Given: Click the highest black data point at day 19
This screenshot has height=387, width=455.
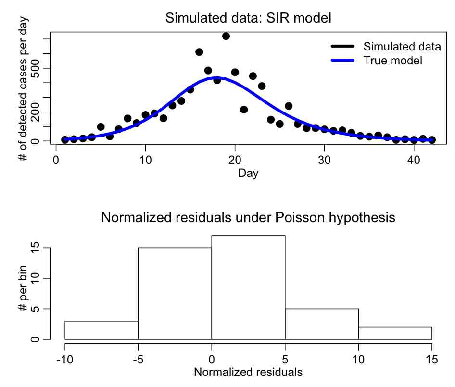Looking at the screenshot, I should tap(226, 36).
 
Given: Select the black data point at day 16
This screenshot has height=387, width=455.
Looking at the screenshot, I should tap(199, 52).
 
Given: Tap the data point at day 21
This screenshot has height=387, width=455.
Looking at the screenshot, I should tap(244, 110).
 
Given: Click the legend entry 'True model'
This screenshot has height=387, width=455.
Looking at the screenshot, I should tap(392, 61).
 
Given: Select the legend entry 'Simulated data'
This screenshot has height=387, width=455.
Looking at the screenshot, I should tap(402, 47).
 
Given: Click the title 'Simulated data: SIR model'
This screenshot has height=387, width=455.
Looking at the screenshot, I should tap(249, 18).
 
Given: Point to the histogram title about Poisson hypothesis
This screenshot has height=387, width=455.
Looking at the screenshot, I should tap(248, 218).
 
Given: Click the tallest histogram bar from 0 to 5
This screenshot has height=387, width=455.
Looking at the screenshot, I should tap(248, 287).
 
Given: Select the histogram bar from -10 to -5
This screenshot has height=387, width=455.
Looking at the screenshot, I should tap(101, 330).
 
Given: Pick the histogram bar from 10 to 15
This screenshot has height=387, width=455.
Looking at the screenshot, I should tap(395, 333).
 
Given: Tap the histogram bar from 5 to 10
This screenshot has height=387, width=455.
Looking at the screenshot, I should tap(322, 324).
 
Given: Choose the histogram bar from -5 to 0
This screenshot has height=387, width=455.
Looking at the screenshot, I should tap(175, 293).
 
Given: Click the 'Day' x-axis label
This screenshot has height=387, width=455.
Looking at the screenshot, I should tap(248, 173).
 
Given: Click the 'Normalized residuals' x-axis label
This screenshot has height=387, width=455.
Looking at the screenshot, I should tap(248, 372).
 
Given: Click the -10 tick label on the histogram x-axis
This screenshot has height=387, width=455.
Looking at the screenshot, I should tap(65, 360).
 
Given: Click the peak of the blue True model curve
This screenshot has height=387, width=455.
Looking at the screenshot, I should tap(217, 77).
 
